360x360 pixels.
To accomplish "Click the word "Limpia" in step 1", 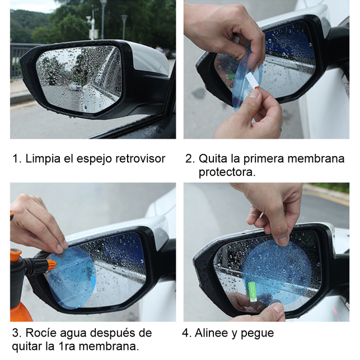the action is (43, 158).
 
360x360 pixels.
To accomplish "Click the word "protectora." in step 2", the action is (227, 172).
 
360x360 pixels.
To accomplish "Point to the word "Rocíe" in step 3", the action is (41, 333).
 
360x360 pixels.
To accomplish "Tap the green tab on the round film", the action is (253, 292).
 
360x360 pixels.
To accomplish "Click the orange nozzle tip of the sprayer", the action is (51, 265).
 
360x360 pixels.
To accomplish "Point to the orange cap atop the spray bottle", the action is (16, 254).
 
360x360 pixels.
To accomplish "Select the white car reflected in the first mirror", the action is (75, 87).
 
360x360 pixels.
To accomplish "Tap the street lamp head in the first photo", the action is (124, 17).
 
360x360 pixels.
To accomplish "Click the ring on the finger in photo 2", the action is (281, 128).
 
